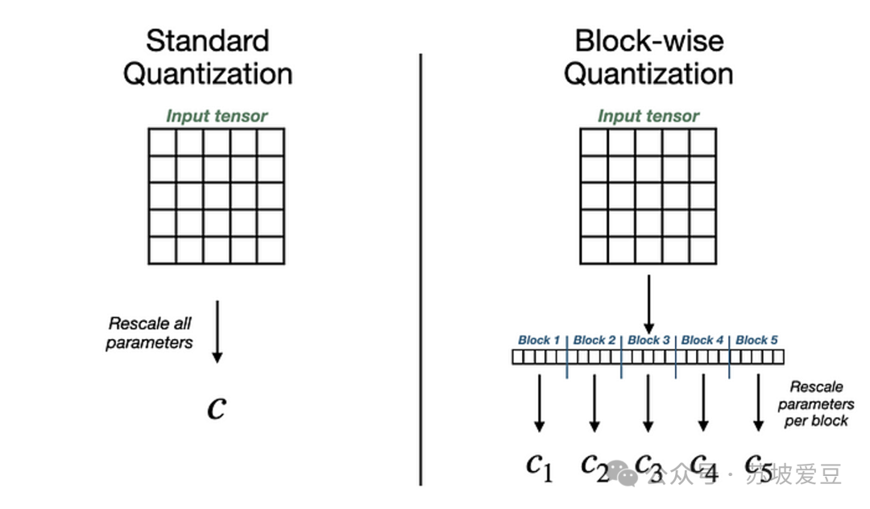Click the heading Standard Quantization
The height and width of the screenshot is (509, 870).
(207, 56)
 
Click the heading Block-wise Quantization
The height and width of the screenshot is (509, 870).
(648, 56)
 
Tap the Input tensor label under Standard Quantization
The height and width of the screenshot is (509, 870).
(217, 116)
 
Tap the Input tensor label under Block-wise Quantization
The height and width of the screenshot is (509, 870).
(648, 116)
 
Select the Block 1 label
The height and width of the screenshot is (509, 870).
(539, 340)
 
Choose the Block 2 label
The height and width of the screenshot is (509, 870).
(594, 340)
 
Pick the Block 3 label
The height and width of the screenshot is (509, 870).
(648, 340)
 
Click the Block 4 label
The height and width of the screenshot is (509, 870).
(702, 340)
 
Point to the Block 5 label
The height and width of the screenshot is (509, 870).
(757, 340)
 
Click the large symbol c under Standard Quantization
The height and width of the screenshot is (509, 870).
(216, 408)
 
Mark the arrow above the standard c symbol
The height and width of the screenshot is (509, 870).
(216, 331)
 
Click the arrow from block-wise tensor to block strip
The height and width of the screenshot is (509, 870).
(648, 301)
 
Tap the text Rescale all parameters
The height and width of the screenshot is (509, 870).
(151, 333)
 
